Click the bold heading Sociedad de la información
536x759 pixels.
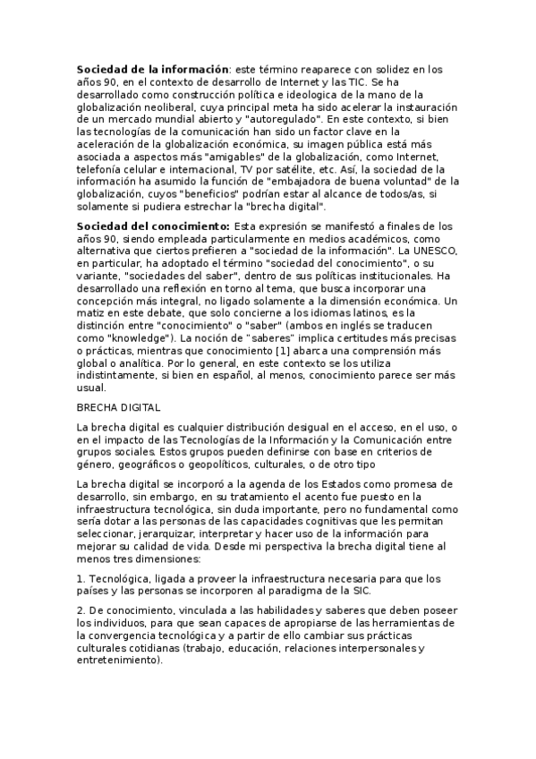click(x=152, y=68)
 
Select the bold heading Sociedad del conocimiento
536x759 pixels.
click(x=153, y=226)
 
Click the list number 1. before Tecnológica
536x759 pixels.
click(x=81, y=578)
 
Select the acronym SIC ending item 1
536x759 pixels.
click(x=362, y=591)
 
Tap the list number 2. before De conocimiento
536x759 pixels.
click(x=81, y=610)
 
